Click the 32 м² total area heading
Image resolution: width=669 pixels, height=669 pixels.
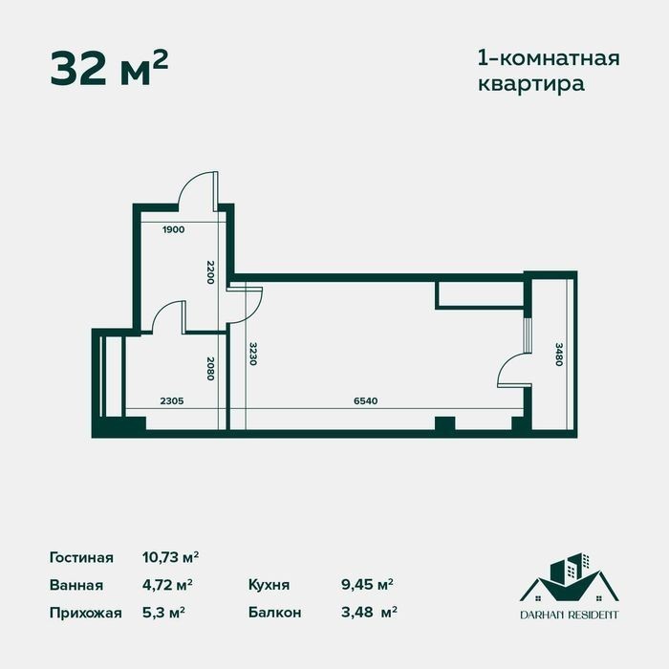pyautogui.click(x=109, y=69)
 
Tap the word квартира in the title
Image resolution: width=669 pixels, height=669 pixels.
pyautogui.click(x=530, y=84)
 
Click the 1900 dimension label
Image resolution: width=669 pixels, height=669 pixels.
pyautogui.click(x=174, y=229)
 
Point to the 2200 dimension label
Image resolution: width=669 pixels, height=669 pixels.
pyautogui.click(x=210, y=272)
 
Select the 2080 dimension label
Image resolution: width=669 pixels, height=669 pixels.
pyautogui.click(x=210, y=369)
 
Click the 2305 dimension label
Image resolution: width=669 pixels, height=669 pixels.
pyautogui.click(x=172, y=401)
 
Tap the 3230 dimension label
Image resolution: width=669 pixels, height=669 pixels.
pyautogui.click(x=252, y=354)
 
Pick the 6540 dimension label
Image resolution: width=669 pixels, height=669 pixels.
pyautogui.click(x=366, y=401)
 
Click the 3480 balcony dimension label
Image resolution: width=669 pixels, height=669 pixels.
pyautogui.click(x=559, y=355)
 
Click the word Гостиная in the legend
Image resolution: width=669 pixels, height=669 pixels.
pyautogui.click(x=81, y=557)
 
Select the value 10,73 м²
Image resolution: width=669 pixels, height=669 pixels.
pyautogui.click(x=171, y=557)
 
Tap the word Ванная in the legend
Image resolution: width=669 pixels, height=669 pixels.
pyautogui.click(x=76, y=585)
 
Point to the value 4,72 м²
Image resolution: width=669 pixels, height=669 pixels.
pyautogui.click(x=167, y=585)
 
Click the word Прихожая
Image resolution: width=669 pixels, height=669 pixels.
pyautogui.click(x=86, y=613)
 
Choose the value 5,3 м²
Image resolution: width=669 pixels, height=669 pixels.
pyautogui.click(x=163, y=613)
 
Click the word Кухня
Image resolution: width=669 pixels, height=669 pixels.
pyautogui.click(x=269, y=585)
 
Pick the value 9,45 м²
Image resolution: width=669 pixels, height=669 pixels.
pyautogui.click(x=367, y=585)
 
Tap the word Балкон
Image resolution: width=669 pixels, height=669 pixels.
pyautogui.click(x=275, y=613)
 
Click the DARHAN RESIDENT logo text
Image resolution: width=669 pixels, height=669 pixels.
pyautogui.click(x=570, y=615)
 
